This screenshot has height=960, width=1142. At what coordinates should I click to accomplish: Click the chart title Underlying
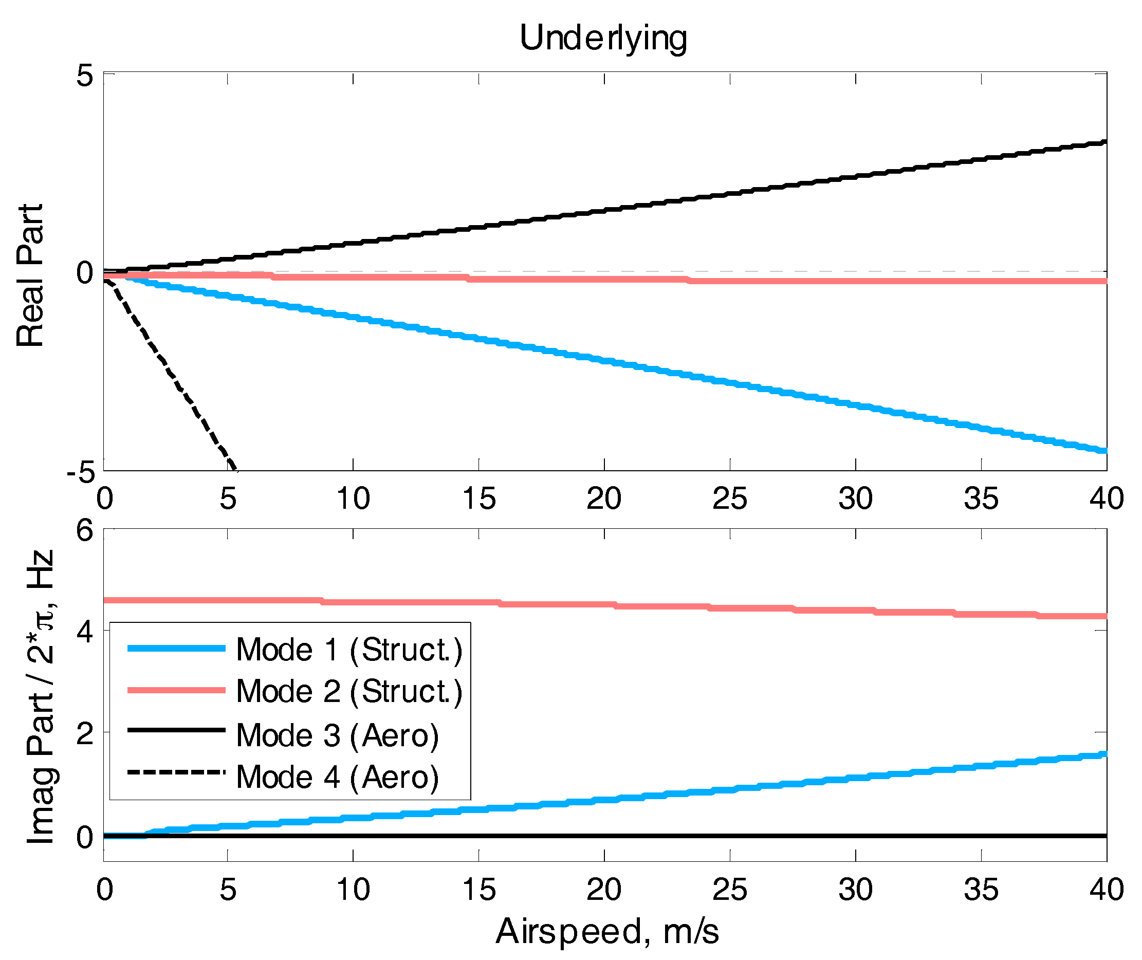tap(603, 38)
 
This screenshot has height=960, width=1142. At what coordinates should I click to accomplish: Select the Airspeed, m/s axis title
tap(606, 931)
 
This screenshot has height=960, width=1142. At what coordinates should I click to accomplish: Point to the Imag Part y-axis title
tap(41, 696)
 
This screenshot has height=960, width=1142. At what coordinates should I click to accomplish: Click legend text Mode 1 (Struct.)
tap(349, 650)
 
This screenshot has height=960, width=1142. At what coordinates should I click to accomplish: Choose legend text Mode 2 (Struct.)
tap(349, 691)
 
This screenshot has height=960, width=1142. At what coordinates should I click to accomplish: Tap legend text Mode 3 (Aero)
tap(338, 736)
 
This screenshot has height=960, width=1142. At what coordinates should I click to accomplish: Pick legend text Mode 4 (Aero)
tap(338, 777)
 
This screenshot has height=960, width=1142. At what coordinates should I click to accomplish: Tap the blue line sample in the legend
tap(176, 648)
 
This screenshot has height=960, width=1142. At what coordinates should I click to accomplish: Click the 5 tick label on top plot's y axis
tap(84, 76)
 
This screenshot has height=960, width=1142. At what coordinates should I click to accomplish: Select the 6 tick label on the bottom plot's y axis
tap(84, 530)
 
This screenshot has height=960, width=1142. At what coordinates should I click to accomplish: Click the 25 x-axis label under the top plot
tap(729, 499)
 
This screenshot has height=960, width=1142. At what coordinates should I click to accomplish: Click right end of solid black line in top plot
tap(1104, 142)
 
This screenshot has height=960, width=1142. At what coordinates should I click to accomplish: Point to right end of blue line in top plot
tap(1104, 451)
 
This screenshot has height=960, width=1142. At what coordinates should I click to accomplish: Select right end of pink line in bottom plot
tap(1104, 616)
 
